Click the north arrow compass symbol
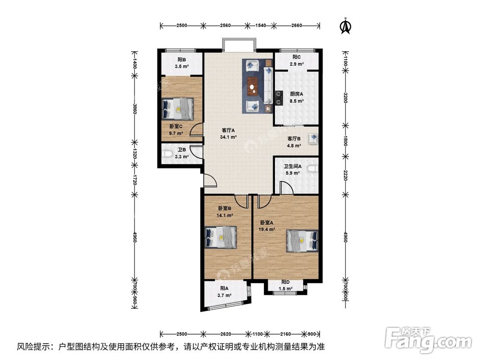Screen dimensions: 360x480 pyautogui.click(x=345, y=27)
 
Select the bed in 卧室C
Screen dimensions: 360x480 pyautogui.click(x=178, y=109)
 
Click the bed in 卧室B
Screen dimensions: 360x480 pyautogui.click(x=220, y=237)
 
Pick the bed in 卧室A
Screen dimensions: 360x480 pyautogui.click(x=302, y=240)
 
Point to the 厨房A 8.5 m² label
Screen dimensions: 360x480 pyautogui.click(x=296, y=97)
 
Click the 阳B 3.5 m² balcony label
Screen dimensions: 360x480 pyautogui.click(x=180, y=63)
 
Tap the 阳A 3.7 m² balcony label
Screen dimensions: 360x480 pyautogui.click(x=226, y=292)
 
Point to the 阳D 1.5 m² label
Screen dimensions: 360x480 pyautogui.click(x=286, y=285)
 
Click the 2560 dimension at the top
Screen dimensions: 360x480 pyautogui.click(x=226, y=25)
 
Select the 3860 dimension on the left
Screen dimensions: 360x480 pyautogui.click(x=135, y=109)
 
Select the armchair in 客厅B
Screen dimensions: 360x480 pyautogui.click(x=312, y=139)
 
